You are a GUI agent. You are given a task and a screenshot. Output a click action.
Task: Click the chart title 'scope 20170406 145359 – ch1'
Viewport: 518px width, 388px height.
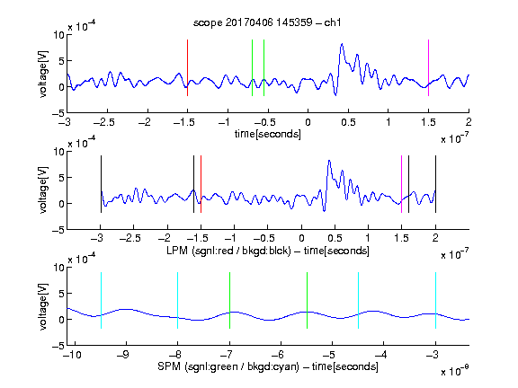coord(267,22)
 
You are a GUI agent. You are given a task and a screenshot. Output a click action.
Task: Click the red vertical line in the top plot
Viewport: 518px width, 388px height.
coord(187,67)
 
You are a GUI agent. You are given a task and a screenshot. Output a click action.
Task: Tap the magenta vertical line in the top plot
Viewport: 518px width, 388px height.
coord(428,67)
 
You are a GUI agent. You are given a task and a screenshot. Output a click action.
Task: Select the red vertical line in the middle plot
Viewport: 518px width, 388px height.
coord(201,184)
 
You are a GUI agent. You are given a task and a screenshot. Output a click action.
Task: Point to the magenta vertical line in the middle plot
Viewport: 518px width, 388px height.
coord(401,184)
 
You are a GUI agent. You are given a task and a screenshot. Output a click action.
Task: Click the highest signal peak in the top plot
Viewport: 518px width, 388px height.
coord(342,44)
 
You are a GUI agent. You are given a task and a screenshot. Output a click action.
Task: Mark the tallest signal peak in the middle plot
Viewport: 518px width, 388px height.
coord(329,161)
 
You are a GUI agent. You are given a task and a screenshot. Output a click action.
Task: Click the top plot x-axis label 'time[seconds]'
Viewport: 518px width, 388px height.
coord(268,135)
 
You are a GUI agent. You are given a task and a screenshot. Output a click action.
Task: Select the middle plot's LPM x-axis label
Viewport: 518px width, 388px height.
coord(268,251)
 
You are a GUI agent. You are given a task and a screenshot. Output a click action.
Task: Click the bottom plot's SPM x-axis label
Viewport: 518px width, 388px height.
coord(268,366)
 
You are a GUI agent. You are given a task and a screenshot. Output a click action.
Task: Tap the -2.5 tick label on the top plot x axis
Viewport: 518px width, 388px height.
coord(104,123)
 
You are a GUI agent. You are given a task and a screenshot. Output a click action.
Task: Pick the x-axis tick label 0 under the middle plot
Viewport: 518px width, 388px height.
coord(301,238)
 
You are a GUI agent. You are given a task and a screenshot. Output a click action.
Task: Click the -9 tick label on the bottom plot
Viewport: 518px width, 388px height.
coord(123,355)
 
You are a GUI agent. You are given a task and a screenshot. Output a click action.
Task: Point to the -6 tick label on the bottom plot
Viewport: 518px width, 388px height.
coord(278,355)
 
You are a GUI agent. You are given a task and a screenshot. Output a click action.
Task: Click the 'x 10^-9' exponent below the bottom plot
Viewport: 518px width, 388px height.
coord(455,371)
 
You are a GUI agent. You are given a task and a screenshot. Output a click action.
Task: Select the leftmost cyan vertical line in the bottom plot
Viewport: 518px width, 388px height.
coord(101,300)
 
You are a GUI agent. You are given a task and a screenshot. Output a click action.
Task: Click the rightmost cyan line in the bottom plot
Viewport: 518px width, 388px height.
coord(435,300)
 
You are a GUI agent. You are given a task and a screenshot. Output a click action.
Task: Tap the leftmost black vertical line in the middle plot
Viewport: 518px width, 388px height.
coord(101,184)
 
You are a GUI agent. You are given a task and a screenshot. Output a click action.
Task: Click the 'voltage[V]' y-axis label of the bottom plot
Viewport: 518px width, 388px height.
coord(43,306)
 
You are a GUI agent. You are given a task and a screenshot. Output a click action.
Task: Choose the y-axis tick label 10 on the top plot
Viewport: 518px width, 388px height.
coord(59,35)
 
